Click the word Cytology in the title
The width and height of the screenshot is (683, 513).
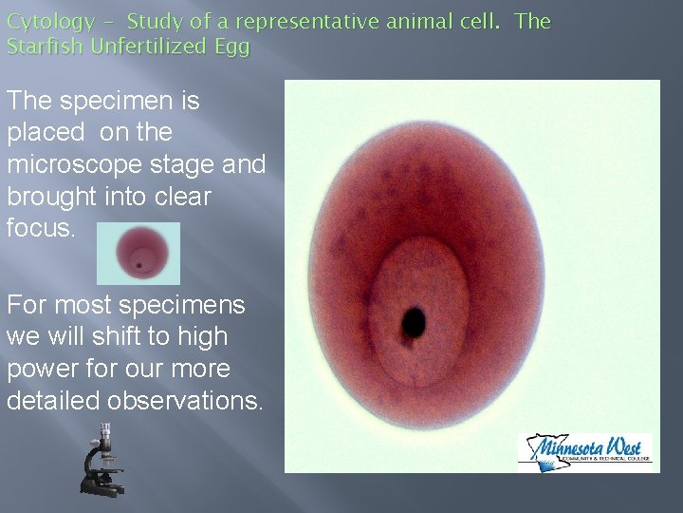point(50,22)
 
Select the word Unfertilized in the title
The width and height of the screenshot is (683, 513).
point(146,46)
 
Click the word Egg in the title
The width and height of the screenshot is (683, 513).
point(231,46)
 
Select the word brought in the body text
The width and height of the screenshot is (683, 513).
point(51,198)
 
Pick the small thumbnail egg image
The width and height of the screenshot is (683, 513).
point(138,254)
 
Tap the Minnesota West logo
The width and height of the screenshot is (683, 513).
point(584,448)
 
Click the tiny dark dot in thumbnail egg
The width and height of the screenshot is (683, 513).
point(139,265)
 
